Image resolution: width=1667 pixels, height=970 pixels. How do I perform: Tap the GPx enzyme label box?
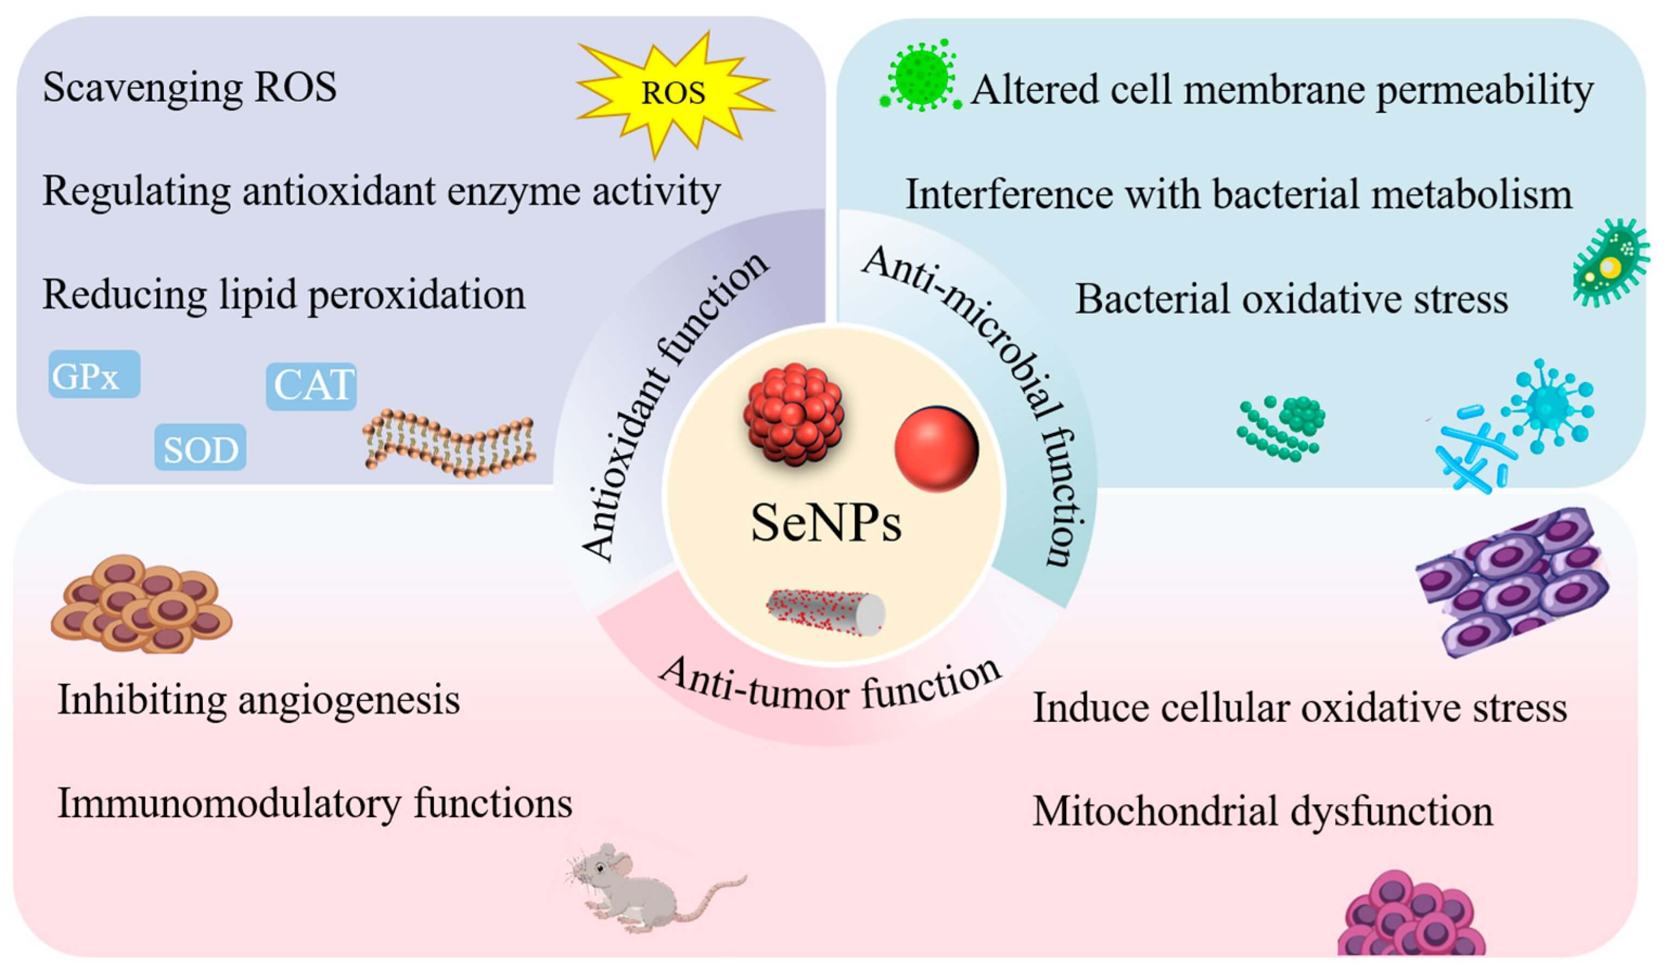[94, 375]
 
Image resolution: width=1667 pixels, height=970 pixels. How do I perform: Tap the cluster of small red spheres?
[793, 415]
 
